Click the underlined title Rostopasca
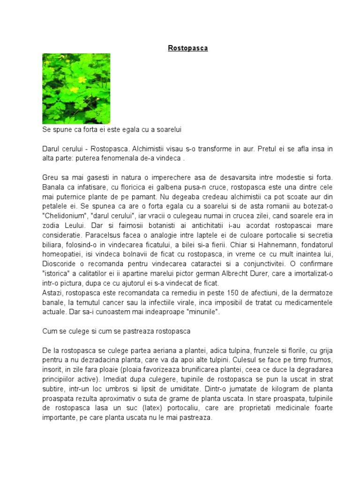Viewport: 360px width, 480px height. pyautogui.click(x=188, y=48)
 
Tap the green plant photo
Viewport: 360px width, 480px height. pyautogui.click(x=76, y=88)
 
